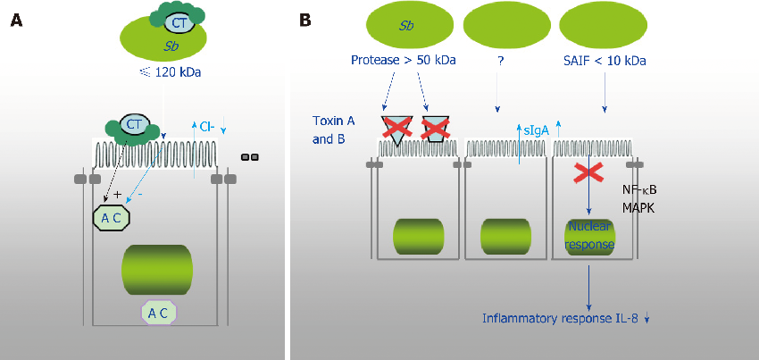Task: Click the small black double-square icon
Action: point(250,157)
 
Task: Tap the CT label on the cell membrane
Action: point(134,125)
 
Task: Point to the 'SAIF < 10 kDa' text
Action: point(606,62)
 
